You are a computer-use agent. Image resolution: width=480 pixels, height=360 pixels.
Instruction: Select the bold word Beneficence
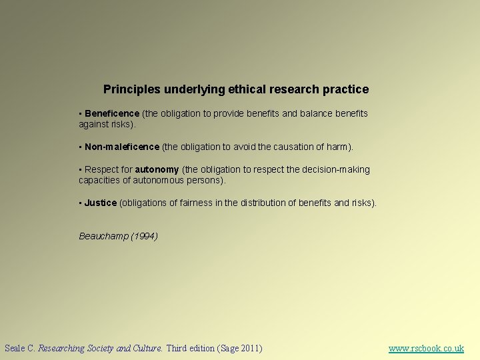coord(112,113)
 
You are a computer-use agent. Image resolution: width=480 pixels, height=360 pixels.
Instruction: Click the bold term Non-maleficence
coord(122,147)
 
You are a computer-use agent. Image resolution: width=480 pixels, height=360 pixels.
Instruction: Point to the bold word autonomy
coord(157,169)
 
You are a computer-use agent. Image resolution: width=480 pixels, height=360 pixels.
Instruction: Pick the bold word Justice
coord(101,203)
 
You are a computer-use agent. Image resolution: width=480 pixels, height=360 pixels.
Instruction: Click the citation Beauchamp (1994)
coord(118,236)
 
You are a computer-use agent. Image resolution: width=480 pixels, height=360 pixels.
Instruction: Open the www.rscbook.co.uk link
coord(426,348)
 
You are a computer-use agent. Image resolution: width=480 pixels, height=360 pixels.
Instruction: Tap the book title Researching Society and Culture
coord(100,348)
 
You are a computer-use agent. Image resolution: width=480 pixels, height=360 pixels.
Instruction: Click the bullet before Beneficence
coord(80,114)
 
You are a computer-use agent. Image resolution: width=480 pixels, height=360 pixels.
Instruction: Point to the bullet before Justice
coord(80,203)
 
